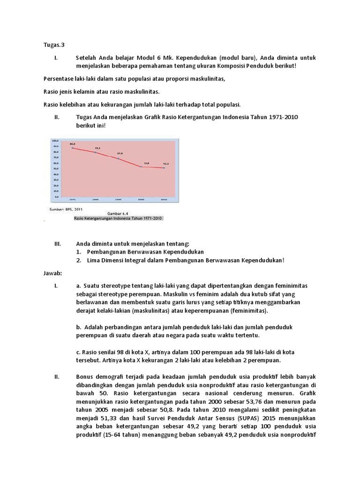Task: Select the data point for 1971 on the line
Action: (73, 148)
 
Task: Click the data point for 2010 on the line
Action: (164, 168)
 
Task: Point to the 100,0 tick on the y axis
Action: (55, 140)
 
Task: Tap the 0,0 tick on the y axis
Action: (55, 197)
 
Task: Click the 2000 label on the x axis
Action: (141, 200)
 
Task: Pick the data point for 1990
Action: (118, 159)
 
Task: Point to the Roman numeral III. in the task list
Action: (58, 243)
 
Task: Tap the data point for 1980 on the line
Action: (96, 152)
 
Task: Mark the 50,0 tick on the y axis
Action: (55, 168)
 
